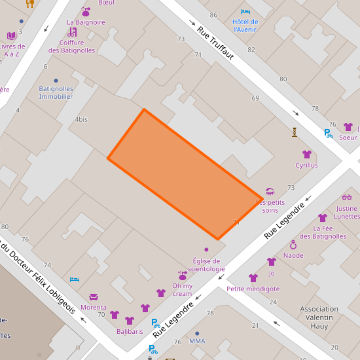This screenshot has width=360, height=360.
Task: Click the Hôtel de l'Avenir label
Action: (x=245, y=26)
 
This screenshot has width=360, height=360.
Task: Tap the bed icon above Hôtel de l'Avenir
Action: (x=245, y=12)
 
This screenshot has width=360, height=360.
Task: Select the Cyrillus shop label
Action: (x=306, y=166)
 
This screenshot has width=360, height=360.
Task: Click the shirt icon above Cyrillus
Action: (x=306, y=154)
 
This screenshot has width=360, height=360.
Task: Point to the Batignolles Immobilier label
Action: (x=56, y=92)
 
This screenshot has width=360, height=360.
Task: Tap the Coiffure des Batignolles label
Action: (x=72, y=46)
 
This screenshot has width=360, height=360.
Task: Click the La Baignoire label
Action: (x=86, y=22)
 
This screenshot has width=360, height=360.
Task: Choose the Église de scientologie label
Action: (x=206, y=265)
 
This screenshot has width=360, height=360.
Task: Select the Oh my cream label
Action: (x=183, y=290)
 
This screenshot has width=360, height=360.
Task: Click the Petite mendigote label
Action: (x=253, y=289)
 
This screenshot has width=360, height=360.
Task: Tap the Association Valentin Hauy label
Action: (x=319, y=317)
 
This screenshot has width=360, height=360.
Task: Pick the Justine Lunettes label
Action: (x=347, y=212)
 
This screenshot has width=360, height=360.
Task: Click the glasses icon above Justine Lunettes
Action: (x=347, y=198)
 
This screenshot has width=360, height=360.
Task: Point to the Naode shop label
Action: (x=293, y=255)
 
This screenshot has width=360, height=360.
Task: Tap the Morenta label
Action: (x=93, y=307)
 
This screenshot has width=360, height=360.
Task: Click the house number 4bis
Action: (x=81, y=119)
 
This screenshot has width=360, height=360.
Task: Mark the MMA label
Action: (x=197, y=341)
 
